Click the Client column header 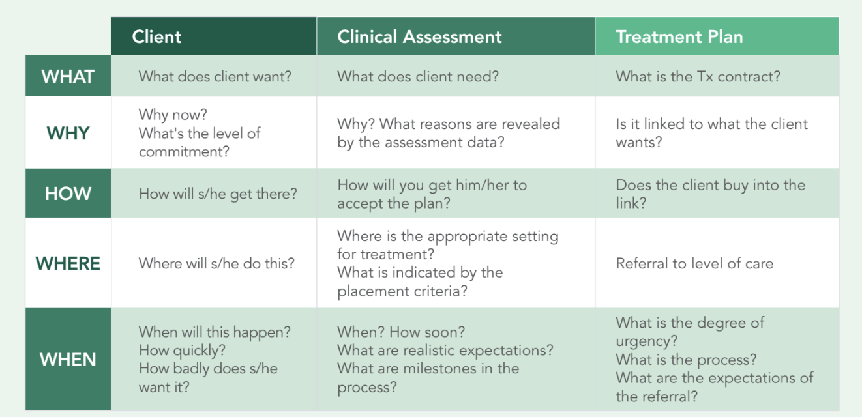156,36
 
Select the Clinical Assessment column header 419,36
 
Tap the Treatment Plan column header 679,36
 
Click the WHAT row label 68,76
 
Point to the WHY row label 68,133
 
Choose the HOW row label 68,194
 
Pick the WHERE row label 68,263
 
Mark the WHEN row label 68,359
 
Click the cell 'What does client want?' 215,76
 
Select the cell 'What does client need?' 417,76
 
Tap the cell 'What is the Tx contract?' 698,76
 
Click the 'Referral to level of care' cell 694,264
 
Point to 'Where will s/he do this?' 216,264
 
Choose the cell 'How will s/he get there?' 218,194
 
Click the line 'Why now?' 173,115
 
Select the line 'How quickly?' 182,351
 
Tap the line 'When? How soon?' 401,332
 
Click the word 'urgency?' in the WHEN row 646,341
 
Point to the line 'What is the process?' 686,360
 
